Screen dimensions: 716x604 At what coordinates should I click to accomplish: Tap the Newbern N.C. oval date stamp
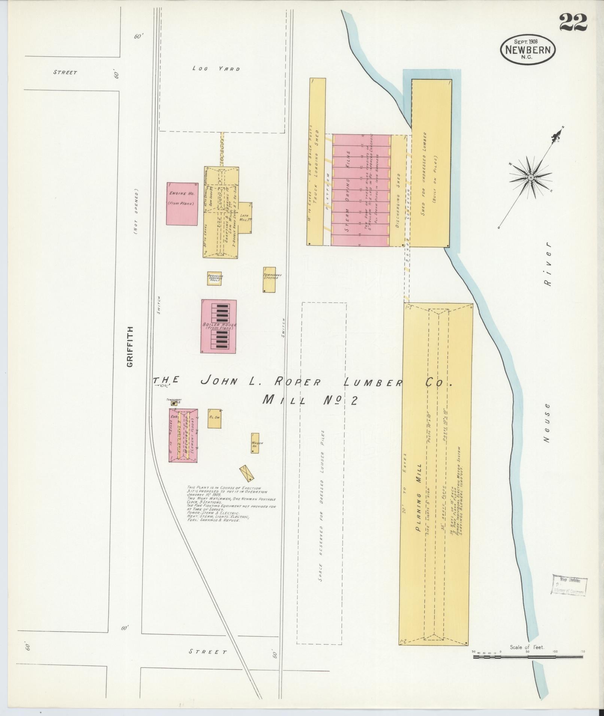[528, 50]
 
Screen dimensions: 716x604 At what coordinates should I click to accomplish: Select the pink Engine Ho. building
[182, 204]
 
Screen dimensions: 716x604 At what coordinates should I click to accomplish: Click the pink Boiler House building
[219, 326]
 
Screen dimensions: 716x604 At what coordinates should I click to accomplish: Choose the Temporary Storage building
[269, 280]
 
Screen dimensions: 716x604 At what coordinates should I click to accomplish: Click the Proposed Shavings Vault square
[215, 278]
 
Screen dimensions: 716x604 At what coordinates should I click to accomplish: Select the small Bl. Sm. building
[214, 418]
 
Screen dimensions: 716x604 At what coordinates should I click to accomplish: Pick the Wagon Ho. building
[255, 444]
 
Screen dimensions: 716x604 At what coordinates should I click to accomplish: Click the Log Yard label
[216, 68]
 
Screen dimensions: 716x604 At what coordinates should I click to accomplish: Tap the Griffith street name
[130, 347]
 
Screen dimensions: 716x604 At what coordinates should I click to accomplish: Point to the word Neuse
[547, 423]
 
